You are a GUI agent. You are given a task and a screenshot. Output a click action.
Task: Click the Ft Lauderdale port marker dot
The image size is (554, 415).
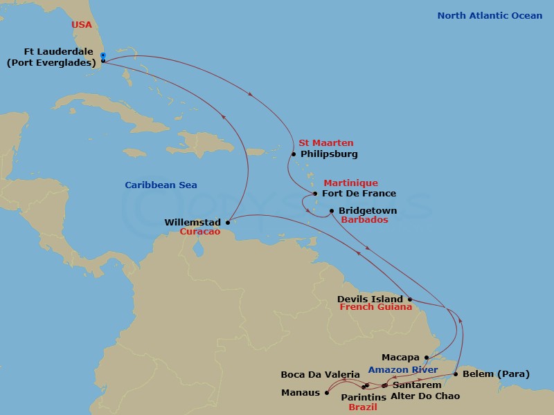click(x=102, y=61)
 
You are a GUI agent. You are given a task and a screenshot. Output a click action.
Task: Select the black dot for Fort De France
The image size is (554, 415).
click(x=315, y=194)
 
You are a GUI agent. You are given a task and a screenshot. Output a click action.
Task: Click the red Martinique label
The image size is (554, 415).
click(x=350, y=183)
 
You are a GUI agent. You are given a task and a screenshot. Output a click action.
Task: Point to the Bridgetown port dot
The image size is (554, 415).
click(x=332, y=211)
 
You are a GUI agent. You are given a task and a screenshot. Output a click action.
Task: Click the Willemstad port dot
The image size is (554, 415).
click(x=228, y=223)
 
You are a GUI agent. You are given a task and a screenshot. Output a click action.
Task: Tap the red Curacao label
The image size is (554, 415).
click(x=199, y=232)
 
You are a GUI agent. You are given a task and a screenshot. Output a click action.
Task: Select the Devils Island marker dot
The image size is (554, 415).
click(x=410, y=299)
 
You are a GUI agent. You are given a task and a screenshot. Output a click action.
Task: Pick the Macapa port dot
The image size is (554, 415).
click(x=427, y=358)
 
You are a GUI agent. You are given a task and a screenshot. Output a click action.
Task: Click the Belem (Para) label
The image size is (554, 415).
click(x=495, y=374)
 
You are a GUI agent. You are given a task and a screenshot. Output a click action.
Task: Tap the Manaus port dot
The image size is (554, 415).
click(x=326, y=393)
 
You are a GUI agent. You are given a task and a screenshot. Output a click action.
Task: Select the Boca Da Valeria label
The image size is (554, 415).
click(x=320, y=375)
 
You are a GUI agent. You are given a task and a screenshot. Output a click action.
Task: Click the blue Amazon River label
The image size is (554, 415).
click(x=403, y=370)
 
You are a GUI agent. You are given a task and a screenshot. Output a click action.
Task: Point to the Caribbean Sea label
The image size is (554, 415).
click(x=161, y=185)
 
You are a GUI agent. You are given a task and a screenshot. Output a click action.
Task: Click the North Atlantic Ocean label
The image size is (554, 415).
click(x=490, y=16)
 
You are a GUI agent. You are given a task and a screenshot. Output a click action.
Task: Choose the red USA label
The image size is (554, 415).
click(x=82, y=26)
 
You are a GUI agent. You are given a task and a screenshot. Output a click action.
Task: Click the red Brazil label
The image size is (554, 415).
click(x=362, y=408)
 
